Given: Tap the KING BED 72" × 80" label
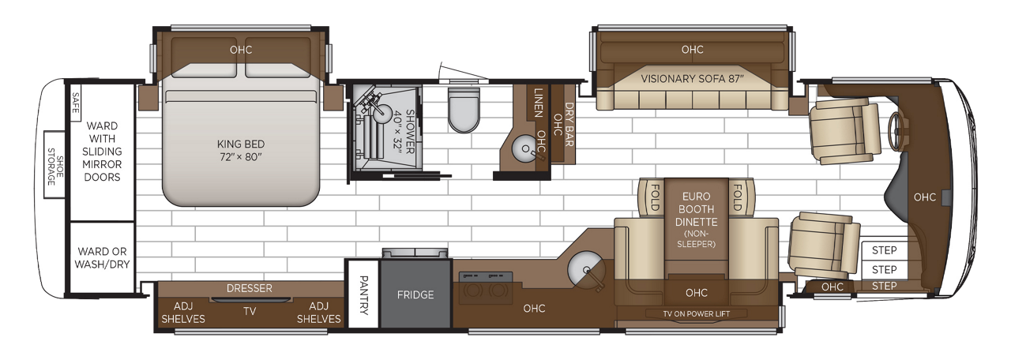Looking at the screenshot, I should coord(241,151).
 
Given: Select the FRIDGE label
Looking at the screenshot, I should coord(415,294).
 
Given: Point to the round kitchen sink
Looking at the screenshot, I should coord(584,271).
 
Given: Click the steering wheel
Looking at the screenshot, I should coord(895,130).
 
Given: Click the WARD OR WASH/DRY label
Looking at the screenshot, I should coord(103,258).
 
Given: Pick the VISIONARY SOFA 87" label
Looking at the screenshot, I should coord(692,78).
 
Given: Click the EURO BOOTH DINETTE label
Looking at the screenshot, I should coord(696,209).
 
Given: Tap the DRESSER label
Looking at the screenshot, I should coord(249,288).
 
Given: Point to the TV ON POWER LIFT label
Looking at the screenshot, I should coord(696,313).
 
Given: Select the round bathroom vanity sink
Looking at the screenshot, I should coord(523,147).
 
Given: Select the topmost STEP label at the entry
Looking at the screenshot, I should coord(885,250).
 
